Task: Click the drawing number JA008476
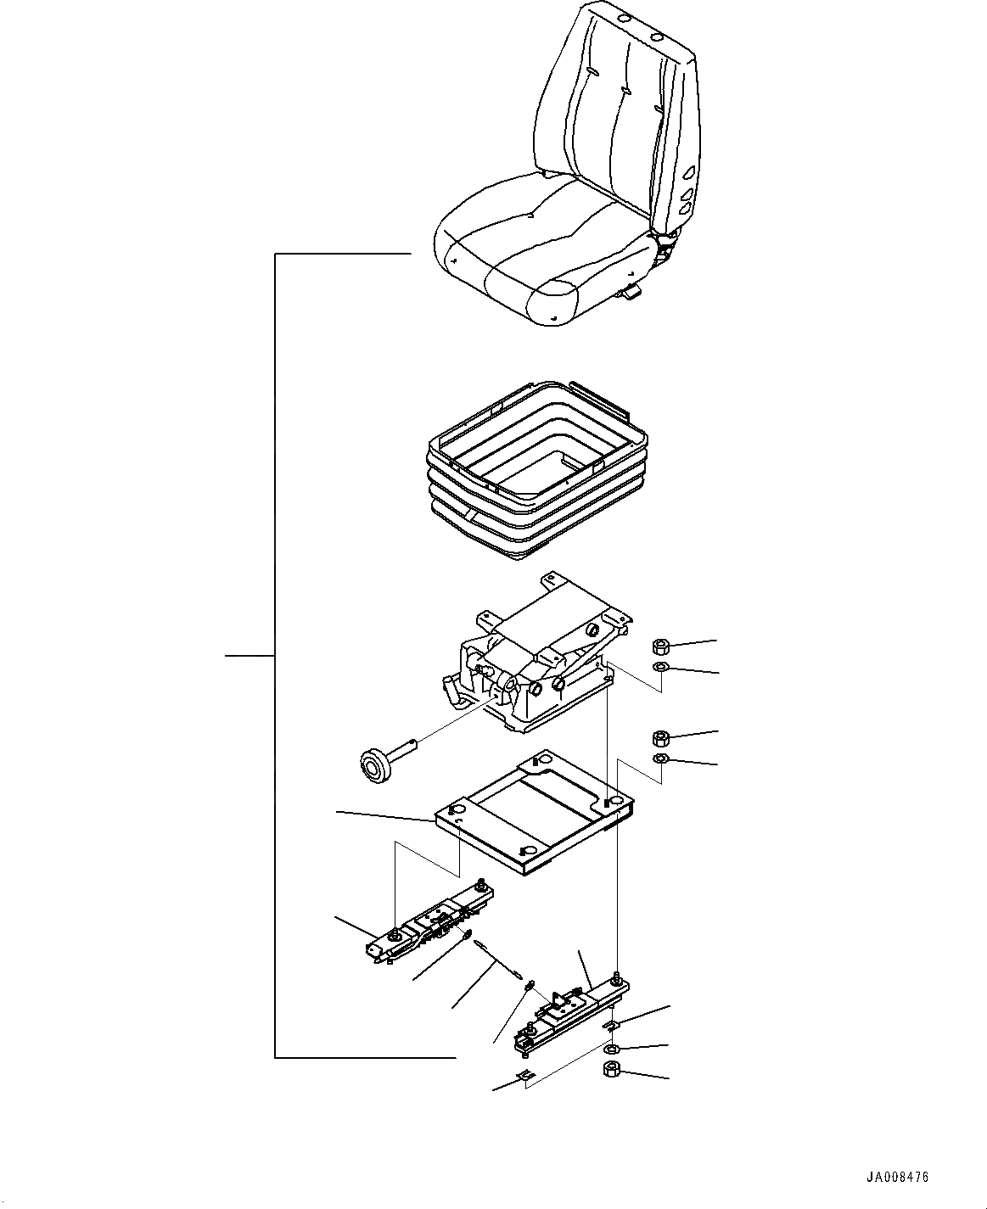(x=898, y=1178)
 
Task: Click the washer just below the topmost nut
(x=659, y=668)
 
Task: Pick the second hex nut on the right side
(x=659, y=736)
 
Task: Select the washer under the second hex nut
(x=659, y=758)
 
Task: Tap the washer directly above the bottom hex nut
(x=611, y=1049)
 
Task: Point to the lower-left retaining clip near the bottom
(x=524, y=1078)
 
